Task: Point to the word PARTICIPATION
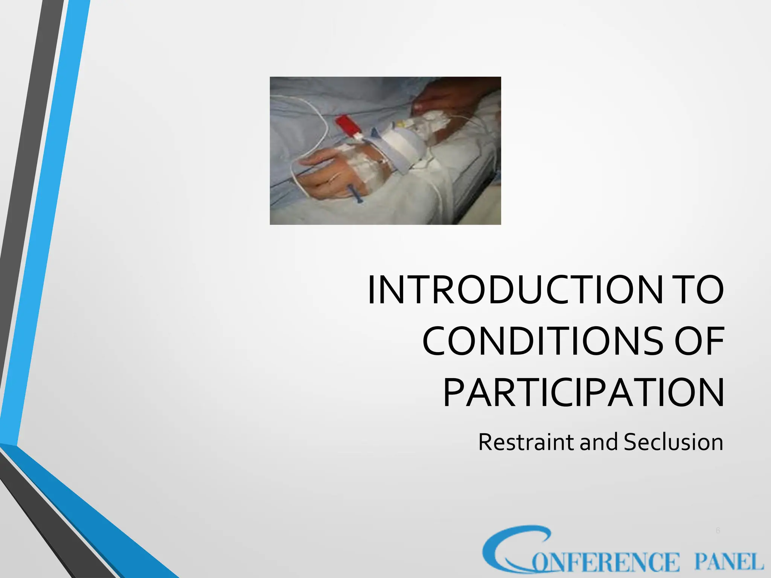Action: (x=583, y=393)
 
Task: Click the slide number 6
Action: (x=718, y=531)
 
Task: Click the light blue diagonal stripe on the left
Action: (x=45, y=226)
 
